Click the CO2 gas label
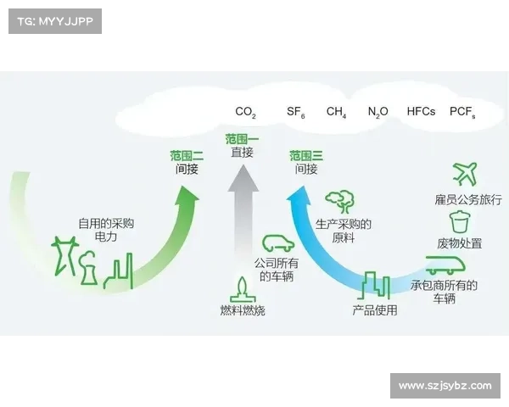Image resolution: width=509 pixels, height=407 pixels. coord(245,112)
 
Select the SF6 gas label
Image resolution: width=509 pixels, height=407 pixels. coord(295,112)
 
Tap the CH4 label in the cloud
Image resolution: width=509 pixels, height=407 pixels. coord(336,112)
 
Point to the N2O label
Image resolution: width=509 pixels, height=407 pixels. coord(378,112)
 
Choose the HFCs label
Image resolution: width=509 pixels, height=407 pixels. coord(421,111)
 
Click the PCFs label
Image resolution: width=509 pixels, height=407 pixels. coord(462,112)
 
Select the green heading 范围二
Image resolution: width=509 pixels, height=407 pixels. coord(187,155)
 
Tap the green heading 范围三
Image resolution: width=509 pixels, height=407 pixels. coord(306,155)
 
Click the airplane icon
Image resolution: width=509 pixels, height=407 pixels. coord(464,175)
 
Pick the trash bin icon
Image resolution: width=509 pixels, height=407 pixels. coord(459,222)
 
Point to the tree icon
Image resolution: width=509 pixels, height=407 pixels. coord(341,201)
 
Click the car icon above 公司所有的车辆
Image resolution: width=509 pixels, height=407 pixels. coord(277,243)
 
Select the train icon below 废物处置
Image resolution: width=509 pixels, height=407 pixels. coord(444,265)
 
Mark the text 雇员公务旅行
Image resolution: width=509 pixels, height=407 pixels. coord(468,200)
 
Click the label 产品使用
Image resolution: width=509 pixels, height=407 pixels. coord(375,310)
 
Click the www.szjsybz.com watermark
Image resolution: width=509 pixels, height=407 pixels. coord(445,386)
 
